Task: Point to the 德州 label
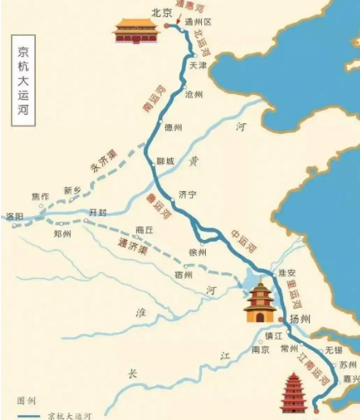[x=174, y=127]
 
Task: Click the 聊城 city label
[x=165, y=161]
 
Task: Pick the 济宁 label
[x=187, y=194]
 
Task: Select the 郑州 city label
[x=62, y=234]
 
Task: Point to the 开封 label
[x=98, y=212]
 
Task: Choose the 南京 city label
[x=260, y=350]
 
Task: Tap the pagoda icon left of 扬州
[x=260, y=302]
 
